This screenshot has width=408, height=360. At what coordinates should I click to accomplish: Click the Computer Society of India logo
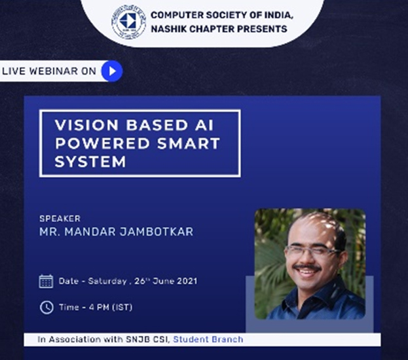click(128, 22)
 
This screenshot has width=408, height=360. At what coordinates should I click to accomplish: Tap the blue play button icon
click(112, 71)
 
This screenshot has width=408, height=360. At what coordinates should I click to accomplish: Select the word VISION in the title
click(86, 125)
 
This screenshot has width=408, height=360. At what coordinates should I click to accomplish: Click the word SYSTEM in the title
click(90, 162)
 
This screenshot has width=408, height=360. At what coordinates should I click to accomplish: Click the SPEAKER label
click(60, 219)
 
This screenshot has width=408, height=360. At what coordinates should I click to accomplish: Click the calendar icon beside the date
click(46, 281)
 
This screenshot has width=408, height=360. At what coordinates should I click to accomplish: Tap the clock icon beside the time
click(46, 308)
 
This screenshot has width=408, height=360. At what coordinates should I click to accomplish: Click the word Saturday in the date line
click(107, 281)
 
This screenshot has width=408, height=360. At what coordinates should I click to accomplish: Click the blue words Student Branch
click(208, 339)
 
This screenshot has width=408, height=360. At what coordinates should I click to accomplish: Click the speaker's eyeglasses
click(312, 251)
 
